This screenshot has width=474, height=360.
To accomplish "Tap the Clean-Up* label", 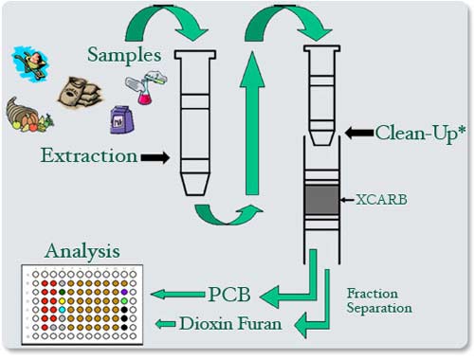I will (420, 134).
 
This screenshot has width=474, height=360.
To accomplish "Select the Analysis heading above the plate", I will (82, 252).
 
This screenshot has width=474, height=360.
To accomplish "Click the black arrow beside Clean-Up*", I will (356, 135).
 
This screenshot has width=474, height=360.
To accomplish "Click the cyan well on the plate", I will (62, 310).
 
